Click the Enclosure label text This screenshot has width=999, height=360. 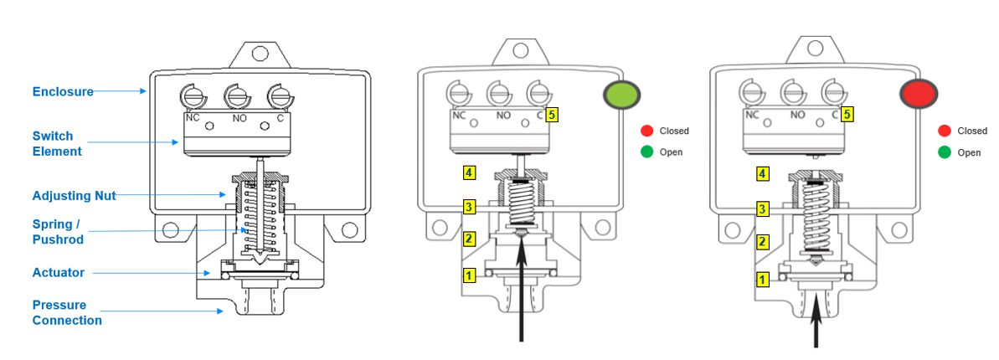[62, 91]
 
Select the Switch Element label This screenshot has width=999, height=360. [57, 143]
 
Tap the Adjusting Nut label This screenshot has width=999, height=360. [74, 195]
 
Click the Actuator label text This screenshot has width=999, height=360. [58, 273]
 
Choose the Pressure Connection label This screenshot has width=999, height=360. [67, 312]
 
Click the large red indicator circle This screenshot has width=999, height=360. [916, 94]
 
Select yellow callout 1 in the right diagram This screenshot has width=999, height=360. [762, 279]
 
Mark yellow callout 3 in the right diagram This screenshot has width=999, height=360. [762, 208]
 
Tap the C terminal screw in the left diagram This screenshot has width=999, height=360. [278, 96]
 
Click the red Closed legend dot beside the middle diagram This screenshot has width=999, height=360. [646, 131]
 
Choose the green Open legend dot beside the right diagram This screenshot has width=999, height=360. [945, 152]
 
